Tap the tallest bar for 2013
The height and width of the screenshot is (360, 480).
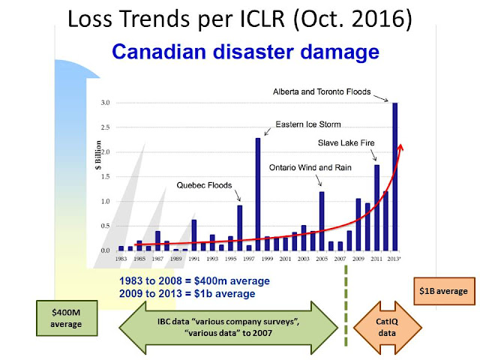pyautogui.click(x=394, y=177)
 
